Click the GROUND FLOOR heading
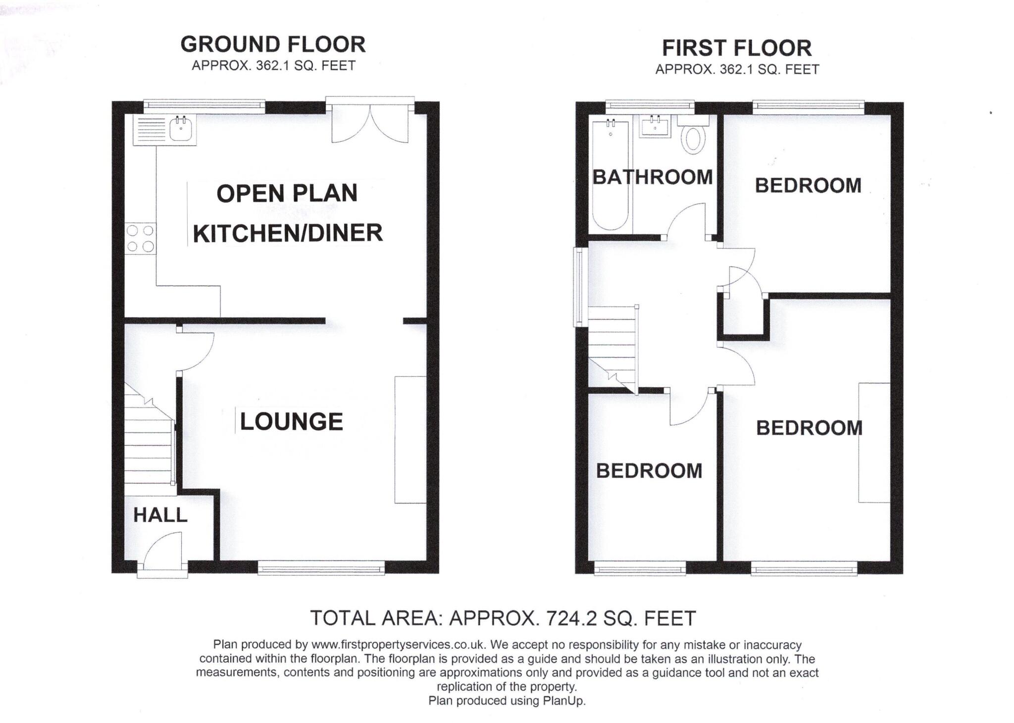point(273,45)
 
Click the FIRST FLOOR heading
point(737,49)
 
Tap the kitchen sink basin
point(181,130)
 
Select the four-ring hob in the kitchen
point(140,239)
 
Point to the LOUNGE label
point(291,422)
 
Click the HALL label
point(160,516)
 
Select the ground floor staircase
point(148,441)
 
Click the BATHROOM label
point(653,177)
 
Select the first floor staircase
point(612,347)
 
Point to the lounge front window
point(321,567)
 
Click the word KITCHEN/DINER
point(288,233)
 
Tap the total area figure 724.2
point(568,619)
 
